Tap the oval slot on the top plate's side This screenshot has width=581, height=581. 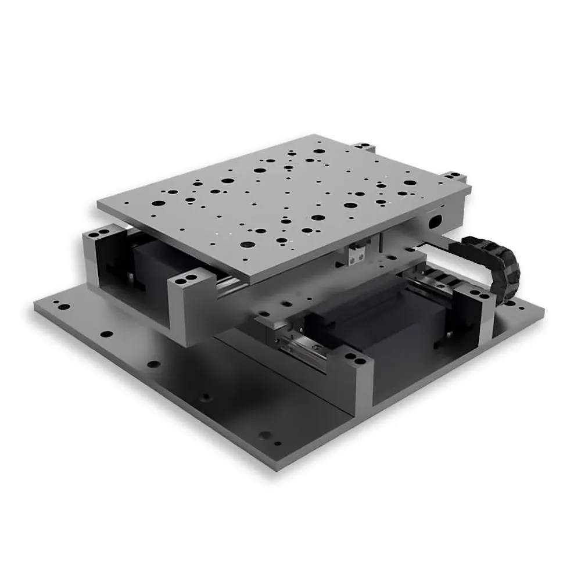coord(435,221)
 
